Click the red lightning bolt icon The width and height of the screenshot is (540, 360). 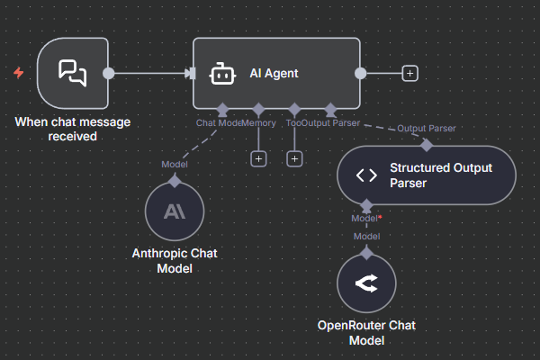point(18,73)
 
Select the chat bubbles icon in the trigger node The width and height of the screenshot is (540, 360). point(73,73)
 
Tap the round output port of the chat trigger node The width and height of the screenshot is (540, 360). point(108,73)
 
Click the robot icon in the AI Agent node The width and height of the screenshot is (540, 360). point(222,74)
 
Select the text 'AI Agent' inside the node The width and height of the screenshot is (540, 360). point(274,74)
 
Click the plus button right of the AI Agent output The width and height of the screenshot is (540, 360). point(409,73)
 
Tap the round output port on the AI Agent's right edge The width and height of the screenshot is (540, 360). point(361,73)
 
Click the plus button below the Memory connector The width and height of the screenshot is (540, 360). point(258,158)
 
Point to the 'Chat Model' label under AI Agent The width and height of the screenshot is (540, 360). point(219,122)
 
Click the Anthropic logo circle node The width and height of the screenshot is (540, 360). point(175,211)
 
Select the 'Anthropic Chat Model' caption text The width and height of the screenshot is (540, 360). point(175,260)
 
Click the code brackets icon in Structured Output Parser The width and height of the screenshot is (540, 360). point(367,175)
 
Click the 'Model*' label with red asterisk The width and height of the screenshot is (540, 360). point(366,218)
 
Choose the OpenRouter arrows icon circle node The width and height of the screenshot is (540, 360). point(366,285)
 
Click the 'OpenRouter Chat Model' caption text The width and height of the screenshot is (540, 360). point(366,333)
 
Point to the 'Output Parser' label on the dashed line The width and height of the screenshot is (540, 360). point(426,129)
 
